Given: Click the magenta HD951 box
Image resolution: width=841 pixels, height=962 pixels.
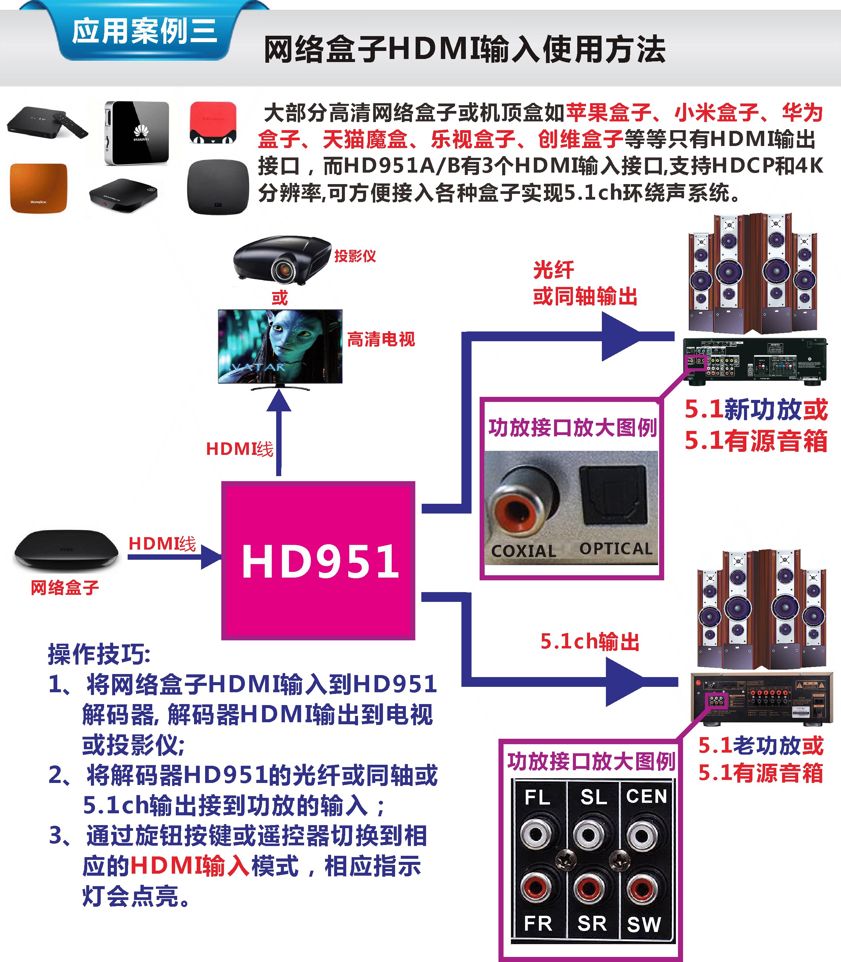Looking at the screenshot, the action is click(318, 560).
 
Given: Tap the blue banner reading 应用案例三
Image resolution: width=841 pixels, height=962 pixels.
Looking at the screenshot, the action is click(144, 32).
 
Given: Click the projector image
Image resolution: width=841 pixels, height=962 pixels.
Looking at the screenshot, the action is click(282, 259).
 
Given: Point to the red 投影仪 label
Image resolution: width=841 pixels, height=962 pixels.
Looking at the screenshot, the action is click(355, 257).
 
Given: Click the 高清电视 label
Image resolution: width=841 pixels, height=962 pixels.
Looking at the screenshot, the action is click(381, 339).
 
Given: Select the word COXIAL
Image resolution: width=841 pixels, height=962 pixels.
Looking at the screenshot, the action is click(523, 551).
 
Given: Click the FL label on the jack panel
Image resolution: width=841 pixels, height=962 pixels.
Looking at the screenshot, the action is click(537, 797).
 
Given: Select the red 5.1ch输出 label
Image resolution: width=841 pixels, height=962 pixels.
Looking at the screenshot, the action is click(590, 642).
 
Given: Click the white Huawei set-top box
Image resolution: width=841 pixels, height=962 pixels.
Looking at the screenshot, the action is click(136, 133).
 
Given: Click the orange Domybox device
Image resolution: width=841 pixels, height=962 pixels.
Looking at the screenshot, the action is click(38, 188).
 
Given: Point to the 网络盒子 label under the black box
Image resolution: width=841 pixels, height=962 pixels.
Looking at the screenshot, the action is click(65, 588).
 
